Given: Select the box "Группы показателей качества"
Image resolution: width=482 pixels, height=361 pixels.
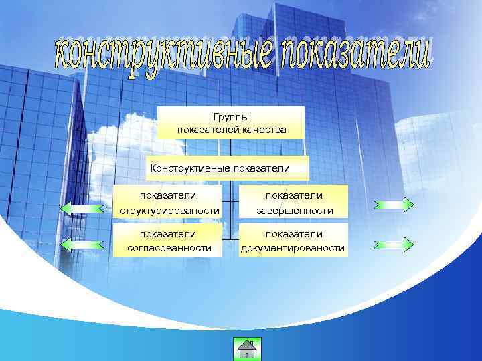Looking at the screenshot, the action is coord(231,123).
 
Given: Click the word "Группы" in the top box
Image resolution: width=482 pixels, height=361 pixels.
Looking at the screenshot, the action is coord(231,117).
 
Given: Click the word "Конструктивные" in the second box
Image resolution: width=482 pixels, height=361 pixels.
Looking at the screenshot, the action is coord(190,168).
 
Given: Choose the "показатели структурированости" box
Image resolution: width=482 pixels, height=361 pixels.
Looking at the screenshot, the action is coord(168,203).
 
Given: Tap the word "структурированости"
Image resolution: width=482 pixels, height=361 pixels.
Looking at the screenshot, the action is coord(169,211).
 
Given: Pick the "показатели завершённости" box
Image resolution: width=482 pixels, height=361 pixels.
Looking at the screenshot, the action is coord(294,203).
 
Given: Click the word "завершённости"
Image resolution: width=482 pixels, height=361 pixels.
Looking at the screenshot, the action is coord(294,211).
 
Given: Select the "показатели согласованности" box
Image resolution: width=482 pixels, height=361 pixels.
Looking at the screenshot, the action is coord(169,241).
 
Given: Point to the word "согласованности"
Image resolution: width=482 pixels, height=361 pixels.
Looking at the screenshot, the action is coord(169,248).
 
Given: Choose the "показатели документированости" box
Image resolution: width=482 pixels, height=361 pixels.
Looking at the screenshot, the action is coord(294,241).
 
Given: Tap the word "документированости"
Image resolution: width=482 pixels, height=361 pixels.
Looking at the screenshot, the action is coord(294,249).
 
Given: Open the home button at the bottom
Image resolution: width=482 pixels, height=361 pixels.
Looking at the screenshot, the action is coord(247,349).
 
